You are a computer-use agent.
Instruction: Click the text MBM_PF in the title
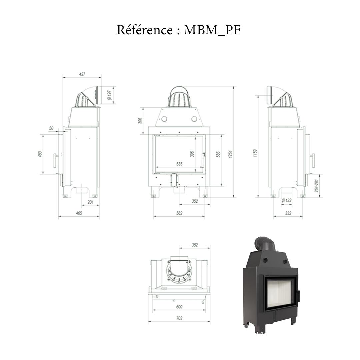tap(212, 30)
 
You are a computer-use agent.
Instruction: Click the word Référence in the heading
tap(144, 30)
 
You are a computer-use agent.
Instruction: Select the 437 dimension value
tap(82, 74)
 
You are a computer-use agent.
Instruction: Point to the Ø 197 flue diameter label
tap(109, 95)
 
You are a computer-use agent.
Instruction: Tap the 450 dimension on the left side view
tap(40, 154)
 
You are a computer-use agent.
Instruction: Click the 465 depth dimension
tap(79, 213)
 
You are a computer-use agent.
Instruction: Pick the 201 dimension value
tap(90, 202)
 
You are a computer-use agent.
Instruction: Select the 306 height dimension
tap(140, 121)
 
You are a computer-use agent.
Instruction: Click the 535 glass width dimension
tap(179, 164)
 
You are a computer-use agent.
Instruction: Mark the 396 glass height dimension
tap(192, 154)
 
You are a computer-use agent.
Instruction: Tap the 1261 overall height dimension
tap(230, 154)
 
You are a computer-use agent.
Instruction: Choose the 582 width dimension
tap(179, 213)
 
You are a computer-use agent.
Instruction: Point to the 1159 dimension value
tap(255, 153)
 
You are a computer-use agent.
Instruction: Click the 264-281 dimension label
tap(316, 185)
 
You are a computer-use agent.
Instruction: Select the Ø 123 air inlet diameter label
tap(286, 201)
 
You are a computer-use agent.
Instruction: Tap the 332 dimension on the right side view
tap(288, 213)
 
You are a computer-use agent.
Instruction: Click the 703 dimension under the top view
tap(179, 318)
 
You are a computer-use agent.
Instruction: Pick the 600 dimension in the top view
tap(179, 307)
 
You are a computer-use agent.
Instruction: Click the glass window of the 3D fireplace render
tap(279, 292)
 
